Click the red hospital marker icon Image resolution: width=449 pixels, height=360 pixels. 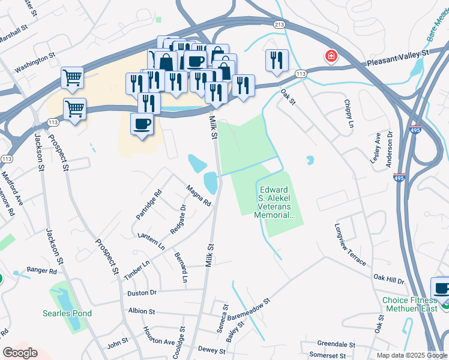(x=331, y=57)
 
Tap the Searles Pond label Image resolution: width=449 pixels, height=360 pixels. (x=67, y=313)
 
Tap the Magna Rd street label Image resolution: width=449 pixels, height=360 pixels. (x=199, y=196)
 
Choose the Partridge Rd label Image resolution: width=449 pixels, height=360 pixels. (x=149, y=204)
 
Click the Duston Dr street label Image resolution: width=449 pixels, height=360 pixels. (x=142, y=293)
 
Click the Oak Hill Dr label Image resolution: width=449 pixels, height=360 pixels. (x=389, y=279)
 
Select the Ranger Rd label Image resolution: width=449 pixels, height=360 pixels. (x=41, y=271)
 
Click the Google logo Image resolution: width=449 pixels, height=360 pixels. (x=20, y=353)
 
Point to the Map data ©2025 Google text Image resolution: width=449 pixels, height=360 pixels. (x=412, y=355)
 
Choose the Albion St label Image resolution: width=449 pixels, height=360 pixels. (x=142, y=312)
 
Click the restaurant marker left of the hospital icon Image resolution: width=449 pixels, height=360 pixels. (x=277, y=60)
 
